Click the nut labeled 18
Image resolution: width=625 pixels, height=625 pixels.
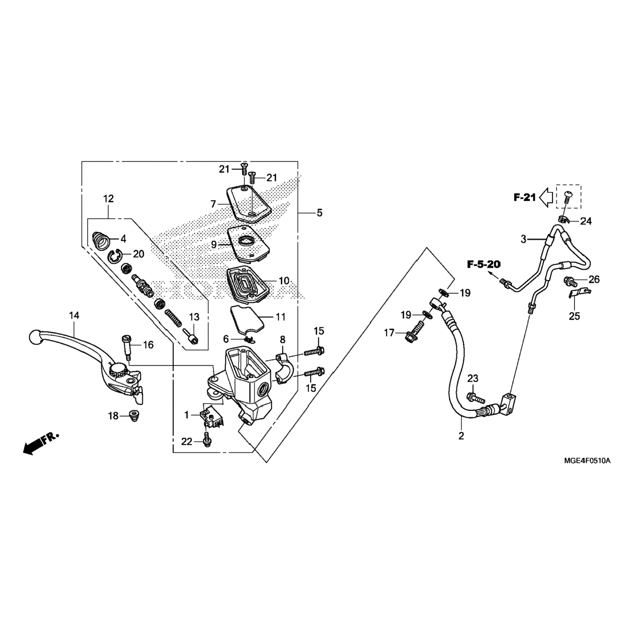[x=134, y=416]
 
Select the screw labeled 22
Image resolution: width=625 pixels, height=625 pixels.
[x=205, y=440]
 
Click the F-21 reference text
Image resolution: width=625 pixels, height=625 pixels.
[x=524, y=197]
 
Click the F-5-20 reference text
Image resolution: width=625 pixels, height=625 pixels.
[x=483, y=264]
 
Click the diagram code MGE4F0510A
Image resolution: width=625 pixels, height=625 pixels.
[x=587, y=461]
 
